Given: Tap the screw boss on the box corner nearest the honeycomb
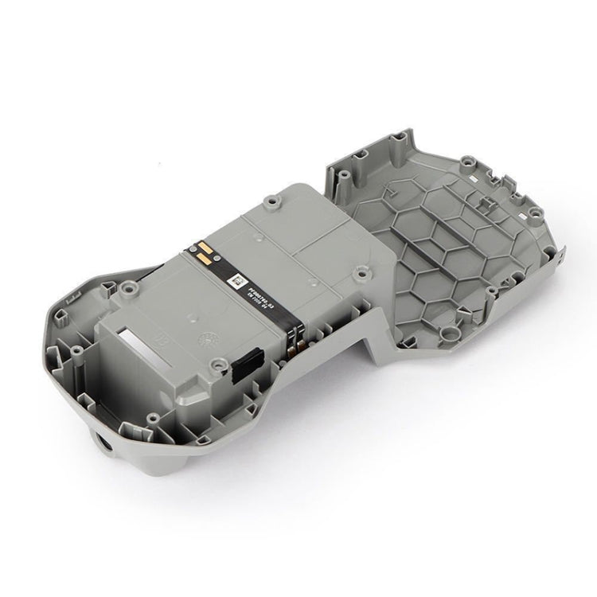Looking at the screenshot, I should point(363,275).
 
